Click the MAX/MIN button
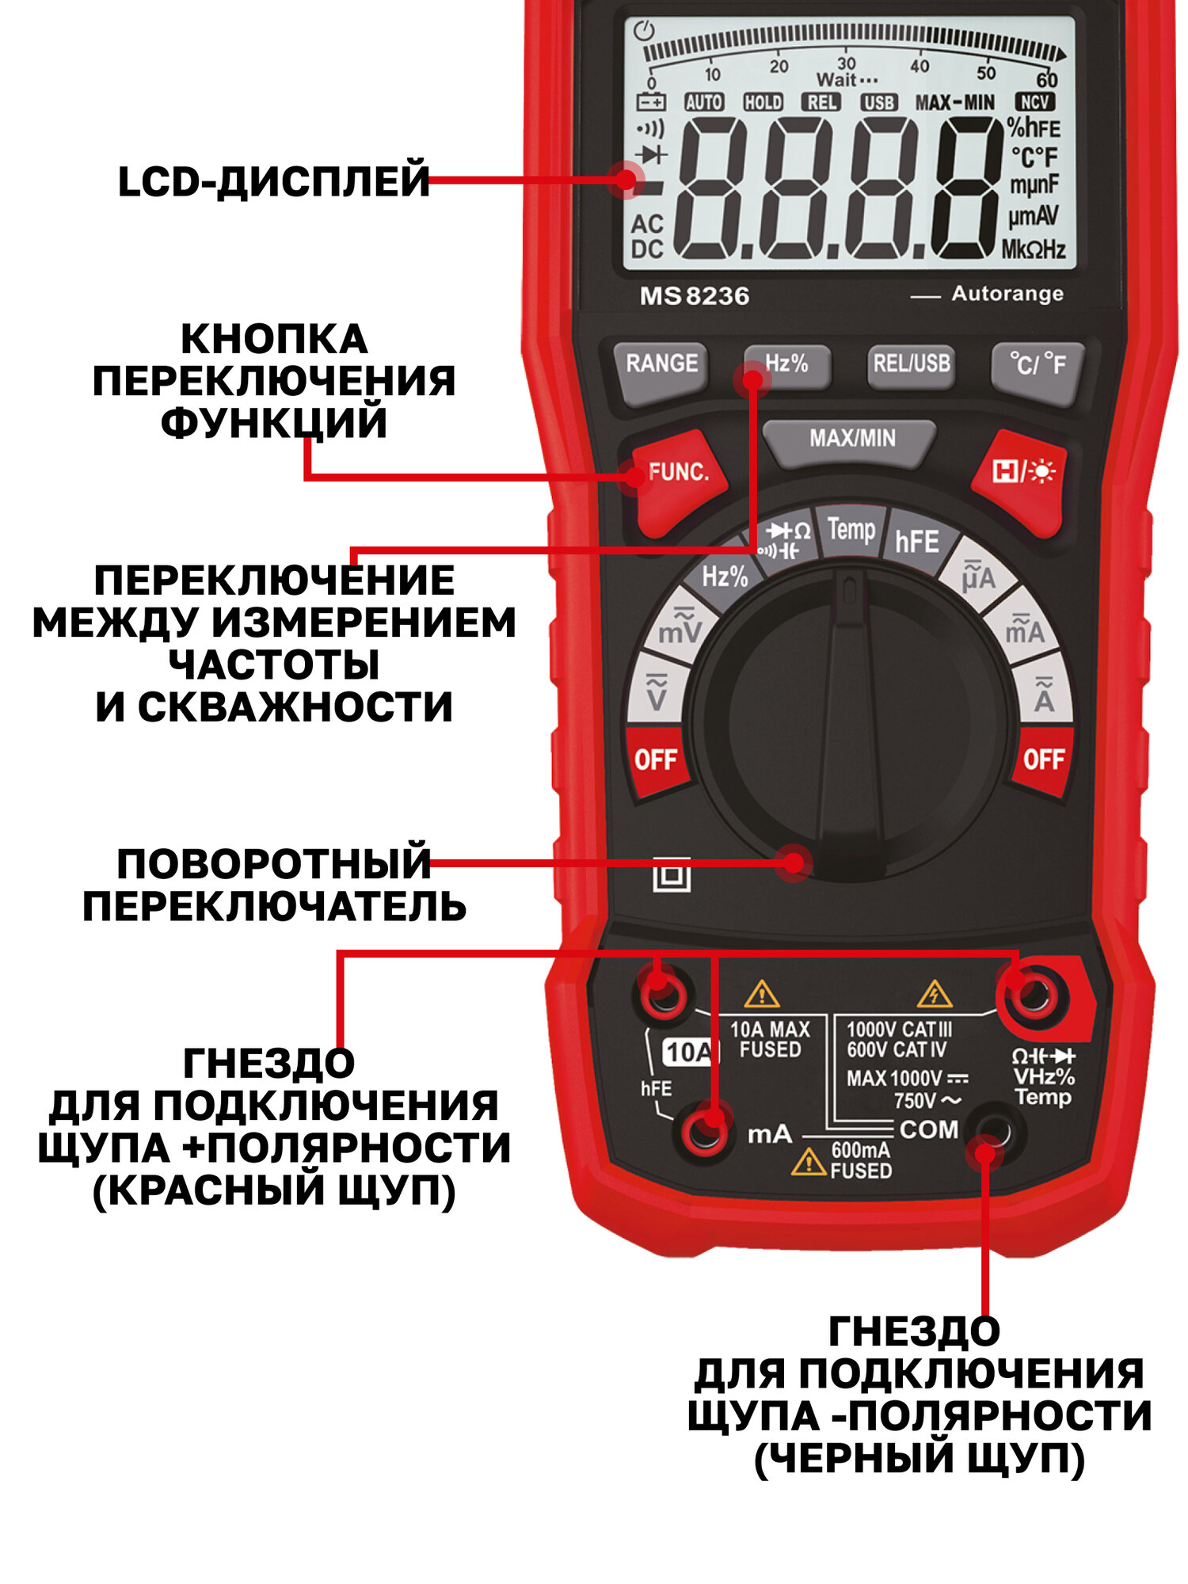tap(851, 439)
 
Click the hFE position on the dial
tap(916, 542)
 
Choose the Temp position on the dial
tap(851, 529)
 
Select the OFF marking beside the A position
tap(1043, 760)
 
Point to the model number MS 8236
tap(694, 296)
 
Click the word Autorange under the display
tap(1007, 294)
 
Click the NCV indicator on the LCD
tap(1034, 102)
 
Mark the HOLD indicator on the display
tap(763, 103)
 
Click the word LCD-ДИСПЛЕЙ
tap(273, 181)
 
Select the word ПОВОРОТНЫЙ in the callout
tap(273, 864)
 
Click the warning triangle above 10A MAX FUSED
tap(762, 993)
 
